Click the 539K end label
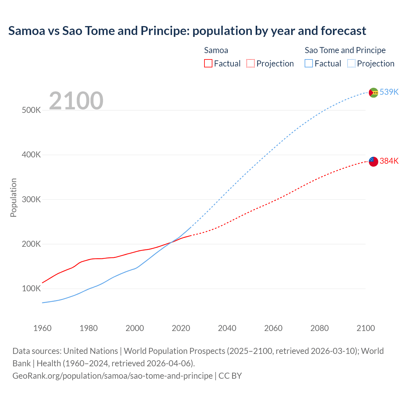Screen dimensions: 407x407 [389, 92]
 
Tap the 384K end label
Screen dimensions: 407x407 [389, 161]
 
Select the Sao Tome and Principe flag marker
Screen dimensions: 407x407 [373, 93]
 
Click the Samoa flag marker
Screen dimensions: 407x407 [373, 162]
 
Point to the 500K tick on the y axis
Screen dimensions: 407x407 [31, 110]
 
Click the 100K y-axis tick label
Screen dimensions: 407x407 [31, 289]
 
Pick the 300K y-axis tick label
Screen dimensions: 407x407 [31, 200]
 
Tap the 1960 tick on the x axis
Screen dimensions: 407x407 [42, 328]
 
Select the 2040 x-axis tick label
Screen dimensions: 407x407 [227, 328]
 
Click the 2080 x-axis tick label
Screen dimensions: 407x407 [320, 328]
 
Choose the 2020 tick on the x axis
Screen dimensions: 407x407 [181, 328]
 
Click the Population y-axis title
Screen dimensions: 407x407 [13, 197]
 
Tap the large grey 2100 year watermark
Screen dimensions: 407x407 [76, 101]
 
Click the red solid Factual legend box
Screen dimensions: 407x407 [208, 63]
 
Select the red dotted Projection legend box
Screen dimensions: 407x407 [251, 63]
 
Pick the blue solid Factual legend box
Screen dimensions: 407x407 [309, 63]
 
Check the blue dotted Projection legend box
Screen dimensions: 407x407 [351, 63]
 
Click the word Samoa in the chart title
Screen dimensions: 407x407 [27, 31]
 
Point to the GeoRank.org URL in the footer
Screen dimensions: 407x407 [113, 376]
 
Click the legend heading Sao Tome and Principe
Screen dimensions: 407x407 [345, 50]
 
